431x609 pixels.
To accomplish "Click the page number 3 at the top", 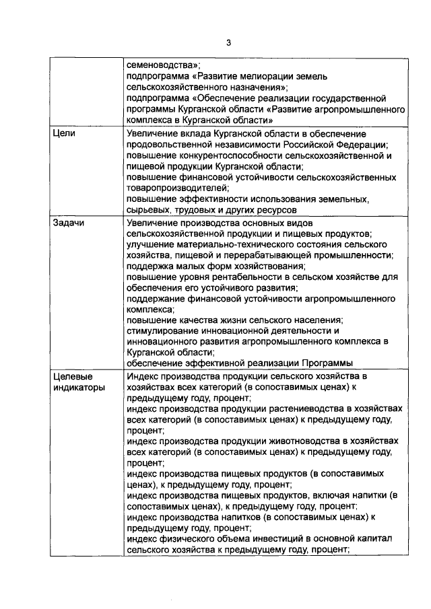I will click(228, 43).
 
